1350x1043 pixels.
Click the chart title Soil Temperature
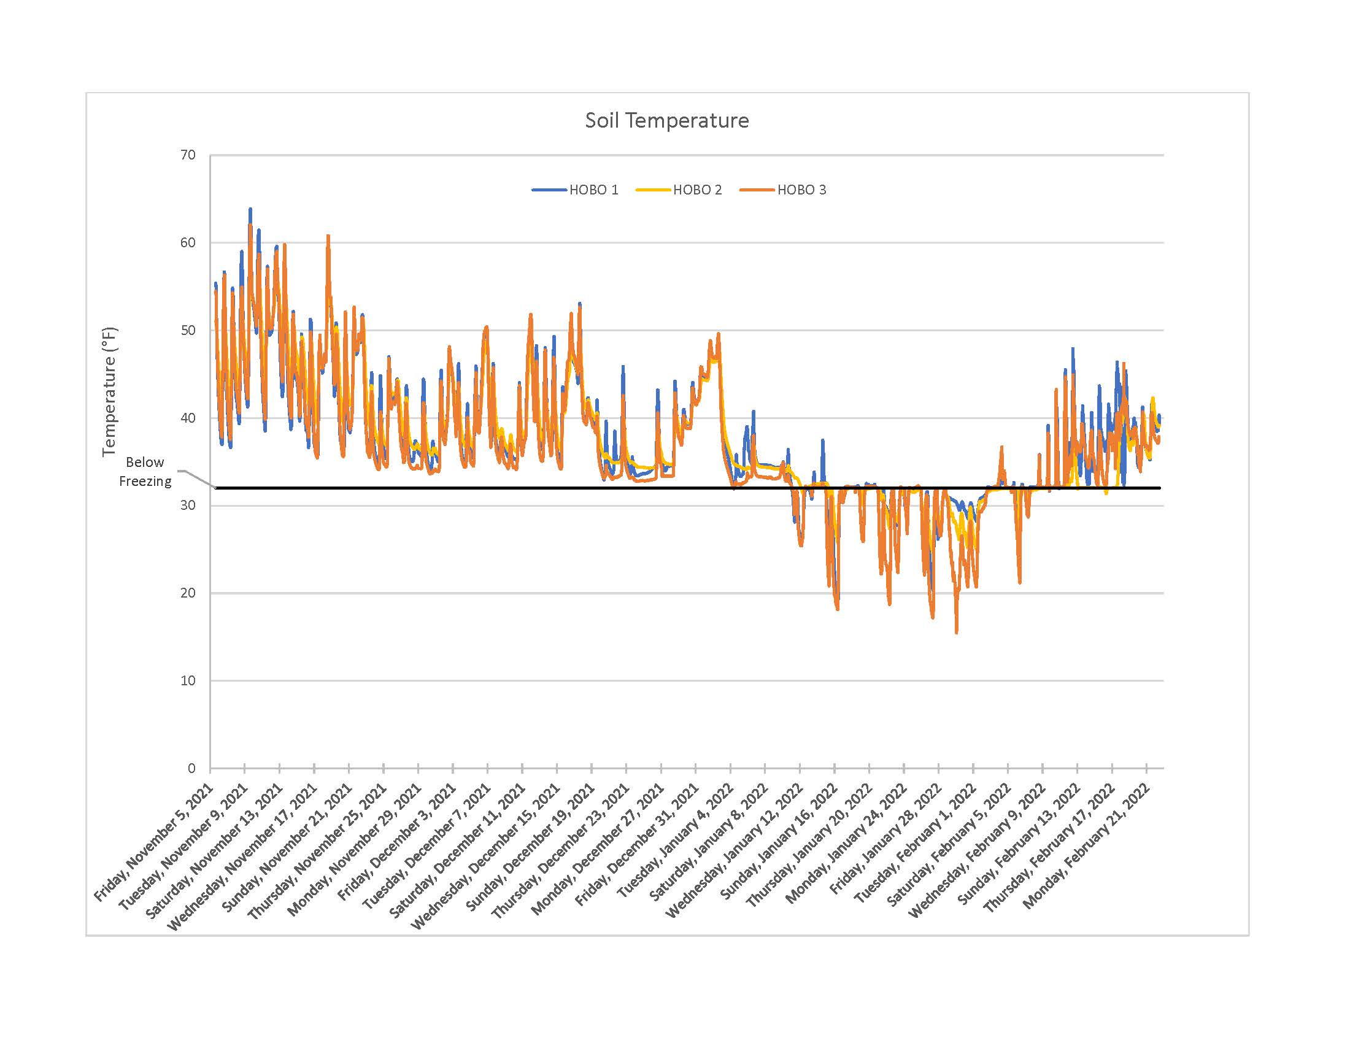[666, 120]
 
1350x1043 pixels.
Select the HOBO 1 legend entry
[593, 190]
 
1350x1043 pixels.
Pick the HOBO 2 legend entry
[696, 190]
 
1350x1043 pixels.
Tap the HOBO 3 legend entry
[800, 190]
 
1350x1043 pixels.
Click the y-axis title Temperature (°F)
[109, 392]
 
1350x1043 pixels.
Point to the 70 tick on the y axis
[188, 155]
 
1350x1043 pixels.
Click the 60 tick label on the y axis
[188, 243]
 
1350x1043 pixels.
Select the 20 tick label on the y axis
[188, 593]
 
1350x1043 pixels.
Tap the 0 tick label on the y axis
[191, 768]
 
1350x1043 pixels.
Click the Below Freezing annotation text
[145, 471]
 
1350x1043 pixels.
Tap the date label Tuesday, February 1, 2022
[915, 843]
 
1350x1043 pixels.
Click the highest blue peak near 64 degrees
[250, 209]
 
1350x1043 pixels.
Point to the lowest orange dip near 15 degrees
[956, 633]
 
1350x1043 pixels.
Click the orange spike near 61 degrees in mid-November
[328, 236]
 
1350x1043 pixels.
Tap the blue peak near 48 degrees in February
[1073, 349]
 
